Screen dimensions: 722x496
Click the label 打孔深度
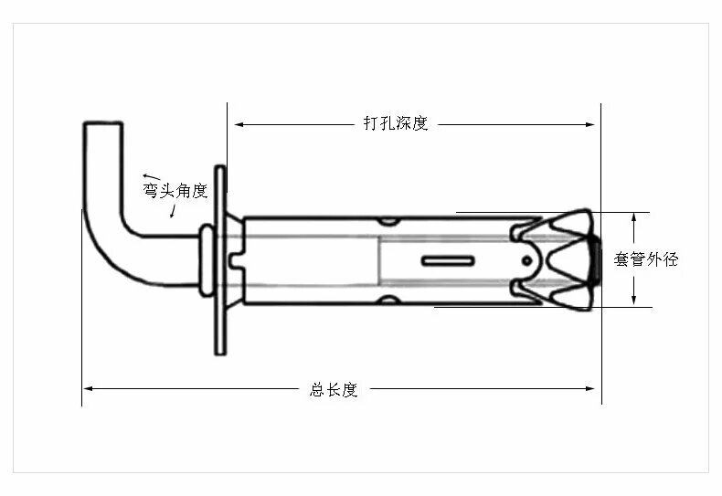coord(396,123)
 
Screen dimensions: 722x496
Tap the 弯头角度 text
coord(175,191)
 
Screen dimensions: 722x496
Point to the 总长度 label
coord(334,389)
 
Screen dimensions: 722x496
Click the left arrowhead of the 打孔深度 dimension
coord(234,123)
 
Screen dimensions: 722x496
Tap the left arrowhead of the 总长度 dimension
coord(88,389)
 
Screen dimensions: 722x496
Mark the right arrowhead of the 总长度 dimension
coord(595,389)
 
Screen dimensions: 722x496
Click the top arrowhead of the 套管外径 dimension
coord(633,216)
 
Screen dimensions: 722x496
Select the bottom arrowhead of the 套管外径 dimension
coord(633,301)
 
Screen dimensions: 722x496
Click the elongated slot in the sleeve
coord(448,260)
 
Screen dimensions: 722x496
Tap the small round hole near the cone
coord(528,260)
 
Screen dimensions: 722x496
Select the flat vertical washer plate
coord(219,259)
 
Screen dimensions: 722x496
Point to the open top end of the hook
coord(102,124)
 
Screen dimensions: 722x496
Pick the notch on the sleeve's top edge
coord(388,220)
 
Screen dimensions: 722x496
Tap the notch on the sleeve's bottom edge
coord(388,301)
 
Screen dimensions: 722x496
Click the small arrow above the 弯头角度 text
coord(151,175)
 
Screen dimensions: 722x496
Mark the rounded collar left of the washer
coord(206,261)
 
